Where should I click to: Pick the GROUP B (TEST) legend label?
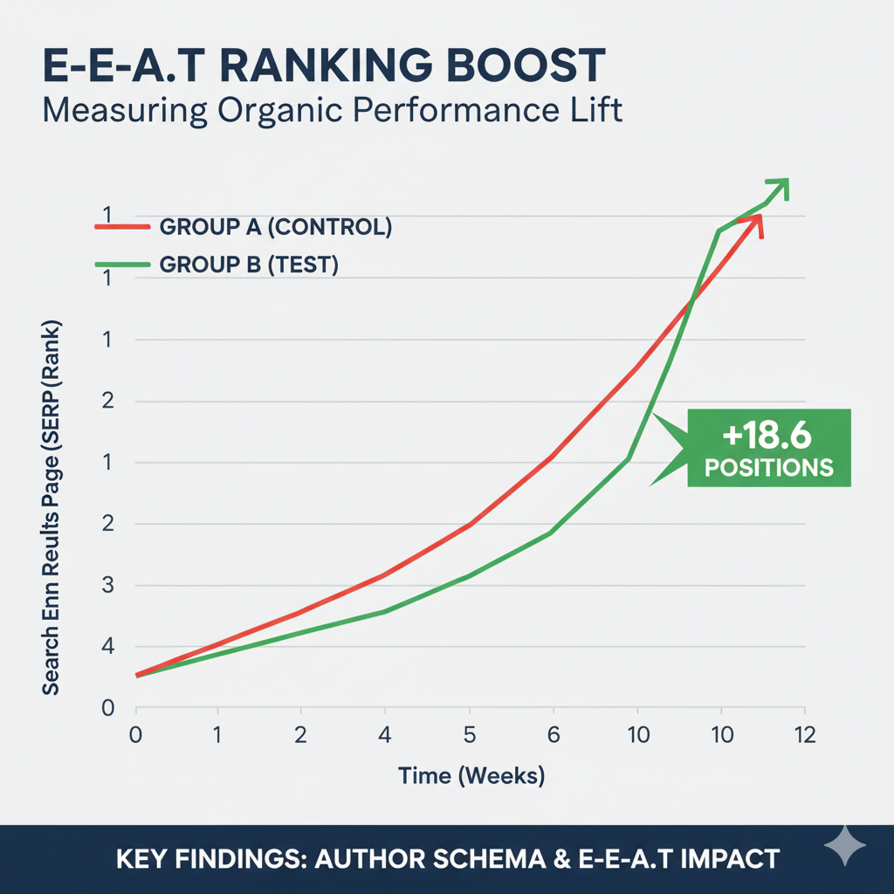249,265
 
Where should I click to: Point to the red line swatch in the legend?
121,227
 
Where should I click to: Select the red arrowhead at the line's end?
756,225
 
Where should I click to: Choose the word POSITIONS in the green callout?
768,467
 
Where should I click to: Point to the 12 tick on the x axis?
804,735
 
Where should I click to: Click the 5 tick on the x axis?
470,735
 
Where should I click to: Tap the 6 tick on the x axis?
552,735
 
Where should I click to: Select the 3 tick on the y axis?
108,586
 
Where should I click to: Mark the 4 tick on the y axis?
108,647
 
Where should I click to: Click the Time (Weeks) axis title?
471,774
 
